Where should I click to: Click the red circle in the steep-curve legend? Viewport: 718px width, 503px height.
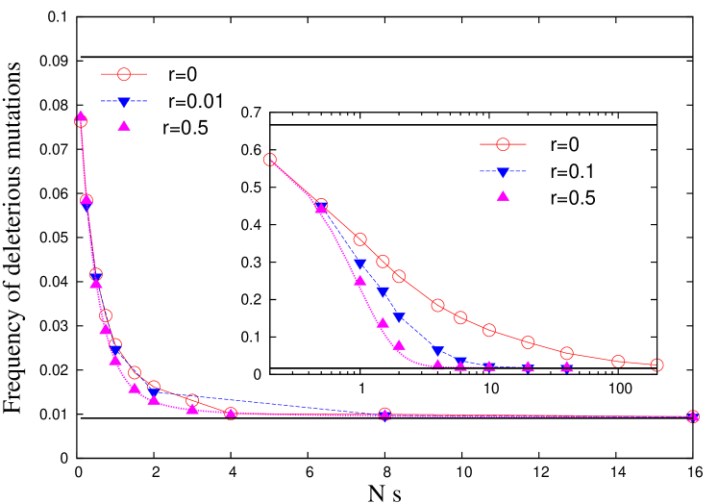123,74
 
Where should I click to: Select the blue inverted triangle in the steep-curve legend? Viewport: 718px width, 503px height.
123,101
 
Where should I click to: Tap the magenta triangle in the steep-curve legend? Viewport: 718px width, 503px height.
123,124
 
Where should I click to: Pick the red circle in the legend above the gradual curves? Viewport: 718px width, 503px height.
502,144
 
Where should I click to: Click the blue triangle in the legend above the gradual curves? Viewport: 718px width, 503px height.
502,172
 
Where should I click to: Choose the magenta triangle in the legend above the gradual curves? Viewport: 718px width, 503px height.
502,195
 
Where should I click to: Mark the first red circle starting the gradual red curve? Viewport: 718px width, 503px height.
270,160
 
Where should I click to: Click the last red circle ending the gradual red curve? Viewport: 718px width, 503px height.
656,365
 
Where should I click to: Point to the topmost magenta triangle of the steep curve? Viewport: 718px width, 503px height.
81,115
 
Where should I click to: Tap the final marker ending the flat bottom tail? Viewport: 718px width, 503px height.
692,416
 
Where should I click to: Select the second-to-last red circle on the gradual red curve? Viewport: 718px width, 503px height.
618,361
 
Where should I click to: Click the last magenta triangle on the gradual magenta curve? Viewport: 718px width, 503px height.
566,365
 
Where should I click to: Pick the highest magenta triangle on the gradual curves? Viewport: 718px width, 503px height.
321,207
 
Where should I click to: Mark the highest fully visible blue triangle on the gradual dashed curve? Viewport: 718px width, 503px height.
359,264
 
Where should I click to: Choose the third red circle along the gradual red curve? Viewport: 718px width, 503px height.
359,239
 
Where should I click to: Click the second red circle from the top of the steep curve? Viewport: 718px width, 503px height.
87,201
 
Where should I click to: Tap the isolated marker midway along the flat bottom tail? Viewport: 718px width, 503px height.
384,415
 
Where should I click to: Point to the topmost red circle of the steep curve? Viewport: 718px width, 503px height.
81,121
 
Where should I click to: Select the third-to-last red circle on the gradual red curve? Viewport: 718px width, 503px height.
566,353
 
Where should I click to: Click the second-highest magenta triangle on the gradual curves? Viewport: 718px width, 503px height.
359,281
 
